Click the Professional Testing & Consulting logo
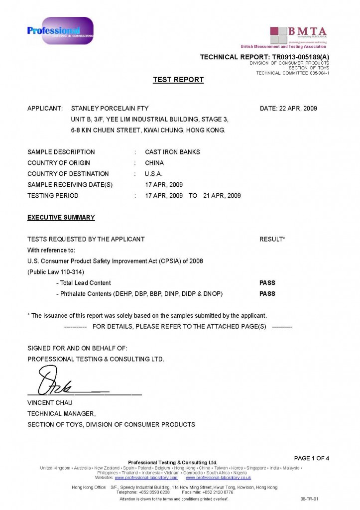(x=60, y=30)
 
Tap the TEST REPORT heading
(x=178, y=80)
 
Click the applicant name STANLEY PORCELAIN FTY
(x=110, y=108)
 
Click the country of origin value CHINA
(x=154, y=163)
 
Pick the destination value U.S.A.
(x=154, y=174)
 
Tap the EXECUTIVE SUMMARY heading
(x=61, y=218)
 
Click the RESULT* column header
(x=272, y=239)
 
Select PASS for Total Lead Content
(x=267, y=283)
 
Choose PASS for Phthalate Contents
(x=267, y=294)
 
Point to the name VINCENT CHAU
(x=50, y=402)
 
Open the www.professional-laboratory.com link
(x=146, y=478)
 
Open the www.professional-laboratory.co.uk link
(x=218, y=478)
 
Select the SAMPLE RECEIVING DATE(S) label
(x=70, y=185)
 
